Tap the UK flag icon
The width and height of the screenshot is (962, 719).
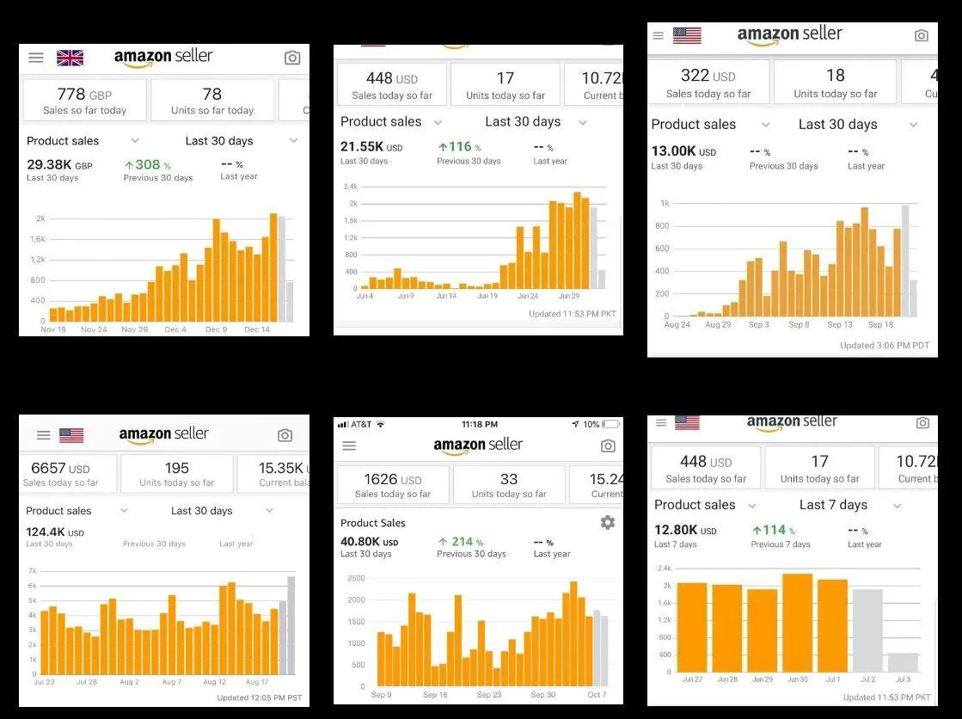(x=70, y=58)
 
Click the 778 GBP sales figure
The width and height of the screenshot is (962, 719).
(x=84, y=94)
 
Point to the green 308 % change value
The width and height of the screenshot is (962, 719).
(x=147, y=164)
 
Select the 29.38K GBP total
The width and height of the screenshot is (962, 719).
(x=59, y=164)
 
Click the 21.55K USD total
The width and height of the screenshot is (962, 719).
(x=371, y=147)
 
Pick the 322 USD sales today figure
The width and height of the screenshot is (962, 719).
(x=708, y=76)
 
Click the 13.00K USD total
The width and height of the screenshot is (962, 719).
(x=683, y=151)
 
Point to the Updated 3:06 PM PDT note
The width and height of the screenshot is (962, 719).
(x=884, y=345)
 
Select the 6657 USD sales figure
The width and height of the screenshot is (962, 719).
(x=60, y=468)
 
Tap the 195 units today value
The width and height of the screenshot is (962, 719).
(x=177, y=468)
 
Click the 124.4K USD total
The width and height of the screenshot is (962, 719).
(x=55, y=532)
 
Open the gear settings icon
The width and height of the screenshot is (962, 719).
(x=608, y=522)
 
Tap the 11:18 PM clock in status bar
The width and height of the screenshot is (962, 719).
(x=480, y=424)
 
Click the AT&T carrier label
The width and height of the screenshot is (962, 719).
(x=361, y=424)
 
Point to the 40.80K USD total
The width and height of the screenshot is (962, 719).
(x=370, y=542)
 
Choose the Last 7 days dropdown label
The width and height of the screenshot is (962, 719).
(x=833, y=505)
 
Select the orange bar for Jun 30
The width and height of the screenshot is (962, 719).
(x=797, y=623)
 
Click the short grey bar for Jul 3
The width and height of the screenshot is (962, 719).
(x=903, y=662)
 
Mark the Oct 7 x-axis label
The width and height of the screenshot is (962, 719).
(x=597, y=695)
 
